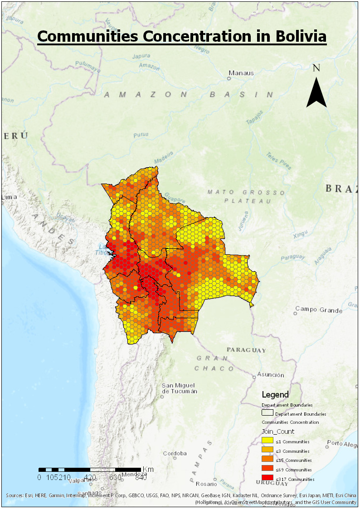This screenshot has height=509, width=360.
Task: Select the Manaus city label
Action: point(241,73)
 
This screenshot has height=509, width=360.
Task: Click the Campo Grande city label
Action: point(318,310)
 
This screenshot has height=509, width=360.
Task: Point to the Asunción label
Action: point(271,375)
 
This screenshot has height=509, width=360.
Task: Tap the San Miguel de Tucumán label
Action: point(180,388)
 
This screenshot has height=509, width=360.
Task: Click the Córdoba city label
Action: point(175,453)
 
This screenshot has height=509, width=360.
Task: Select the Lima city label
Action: point(9,198)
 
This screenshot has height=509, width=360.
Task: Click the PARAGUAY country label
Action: point(246,350)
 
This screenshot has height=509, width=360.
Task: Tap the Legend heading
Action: point(275,395)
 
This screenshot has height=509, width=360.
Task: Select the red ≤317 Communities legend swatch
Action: point(268,479)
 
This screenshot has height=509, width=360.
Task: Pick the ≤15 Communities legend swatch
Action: point(268,460)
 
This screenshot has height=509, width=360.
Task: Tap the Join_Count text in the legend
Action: point(278,431)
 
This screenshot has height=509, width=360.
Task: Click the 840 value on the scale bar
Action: point(141,477)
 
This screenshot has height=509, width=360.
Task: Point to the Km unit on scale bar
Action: point(148,469)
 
